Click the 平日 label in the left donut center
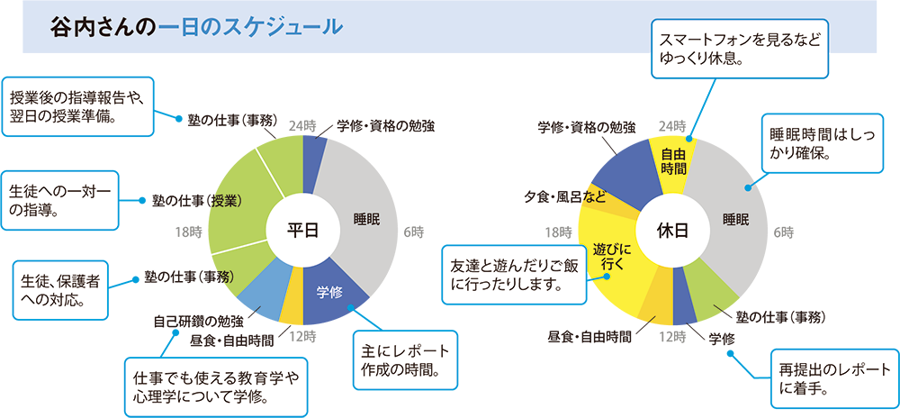303,231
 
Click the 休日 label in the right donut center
673,231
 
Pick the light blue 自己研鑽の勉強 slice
263,296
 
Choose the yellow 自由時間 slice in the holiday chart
673,162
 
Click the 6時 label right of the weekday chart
413,232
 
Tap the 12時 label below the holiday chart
672,337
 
